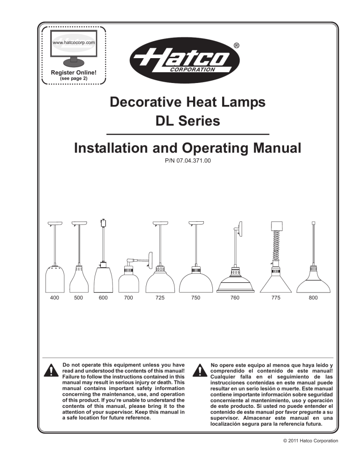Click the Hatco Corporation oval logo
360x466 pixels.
pos(186,61)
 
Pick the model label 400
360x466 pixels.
pos(54,298)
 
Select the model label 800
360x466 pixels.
pos(313,298)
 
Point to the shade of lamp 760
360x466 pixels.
pos(234,283)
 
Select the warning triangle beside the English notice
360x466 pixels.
pos(49,370)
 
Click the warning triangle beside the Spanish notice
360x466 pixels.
pos(199,370)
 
